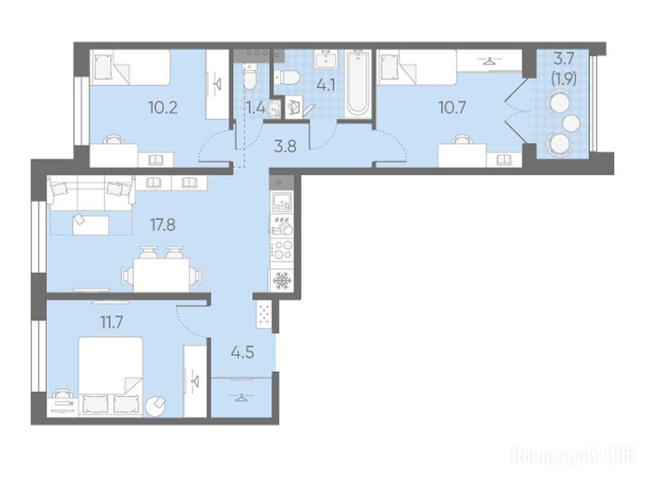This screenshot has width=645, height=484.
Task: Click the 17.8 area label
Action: (163, 225)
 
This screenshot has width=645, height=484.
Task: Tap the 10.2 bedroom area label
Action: (163, 108)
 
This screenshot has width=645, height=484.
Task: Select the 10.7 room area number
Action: (452, 108)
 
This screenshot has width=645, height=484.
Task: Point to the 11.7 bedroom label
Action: (112, 322)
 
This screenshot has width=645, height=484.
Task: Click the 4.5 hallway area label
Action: (243, 353)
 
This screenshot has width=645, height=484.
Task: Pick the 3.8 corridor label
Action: (285, 146)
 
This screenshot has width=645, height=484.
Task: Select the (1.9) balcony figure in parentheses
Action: (564, 78)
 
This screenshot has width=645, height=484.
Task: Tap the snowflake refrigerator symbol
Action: (282, 280)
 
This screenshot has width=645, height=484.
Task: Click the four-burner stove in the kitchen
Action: (282, 250)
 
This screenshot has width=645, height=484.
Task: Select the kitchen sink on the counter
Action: (282, 202)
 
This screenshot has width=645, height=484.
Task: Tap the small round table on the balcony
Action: (571, 123)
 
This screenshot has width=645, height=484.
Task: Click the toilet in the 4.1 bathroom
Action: (287, 77)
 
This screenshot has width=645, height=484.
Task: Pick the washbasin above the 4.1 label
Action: (326, 60)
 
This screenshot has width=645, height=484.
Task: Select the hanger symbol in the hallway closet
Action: (242, 397)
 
